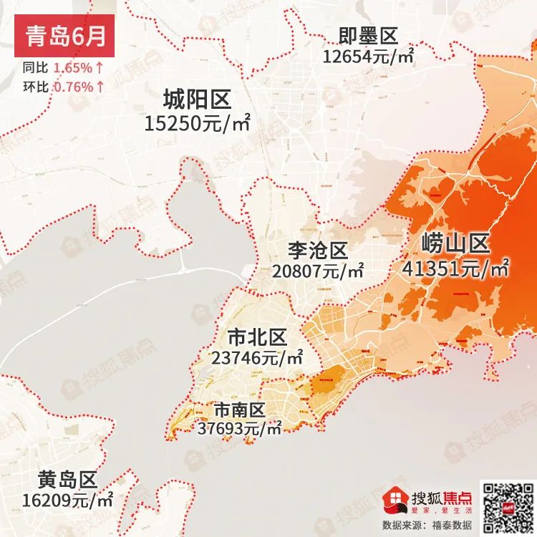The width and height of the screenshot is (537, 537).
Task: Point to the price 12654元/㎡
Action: click(368, 56)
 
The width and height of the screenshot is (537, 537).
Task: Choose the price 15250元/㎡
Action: click(196, 123)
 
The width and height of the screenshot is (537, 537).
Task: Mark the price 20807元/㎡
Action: click(318, 271)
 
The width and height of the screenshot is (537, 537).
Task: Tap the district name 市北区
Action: click(256, 337)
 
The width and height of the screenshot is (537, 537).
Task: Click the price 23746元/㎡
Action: click(257, 356)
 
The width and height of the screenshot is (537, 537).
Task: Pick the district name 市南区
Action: click(239, 410)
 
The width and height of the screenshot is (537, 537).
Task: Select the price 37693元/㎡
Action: click(239, 428)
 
